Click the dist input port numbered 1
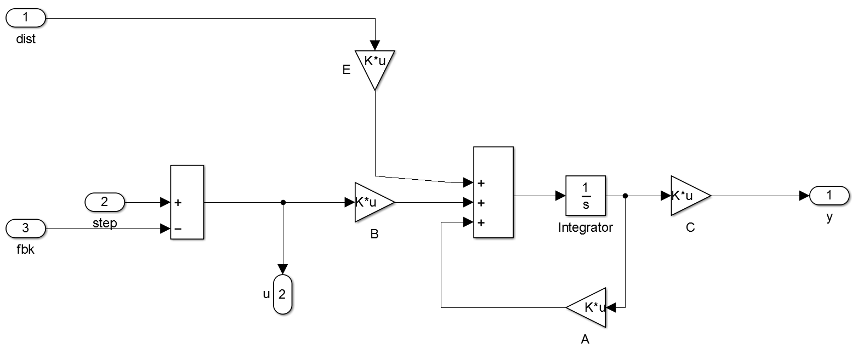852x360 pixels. click(x=26, y=18)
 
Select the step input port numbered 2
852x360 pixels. click(x=105, y=202)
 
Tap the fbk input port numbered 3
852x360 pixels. click(x=26, y=227)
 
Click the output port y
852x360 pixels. click(x=829, y=195)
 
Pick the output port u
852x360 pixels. click(x=282, y=294)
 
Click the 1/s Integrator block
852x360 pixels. click(x=585, y=196)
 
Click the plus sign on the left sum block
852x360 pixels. click(x=178, y=203)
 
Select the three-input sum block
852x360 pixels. click(x=493, y=192)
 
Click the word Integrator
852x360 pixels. click(x=585, y=227)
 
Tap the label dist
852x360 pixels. click(x=26, y=39)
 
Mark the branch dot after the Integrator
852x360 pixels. click(x=625, y=196)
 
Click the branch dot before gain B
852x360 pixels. click(x=283, y=202)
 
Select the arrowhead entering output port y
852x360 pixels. click(x=804, y=196)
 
